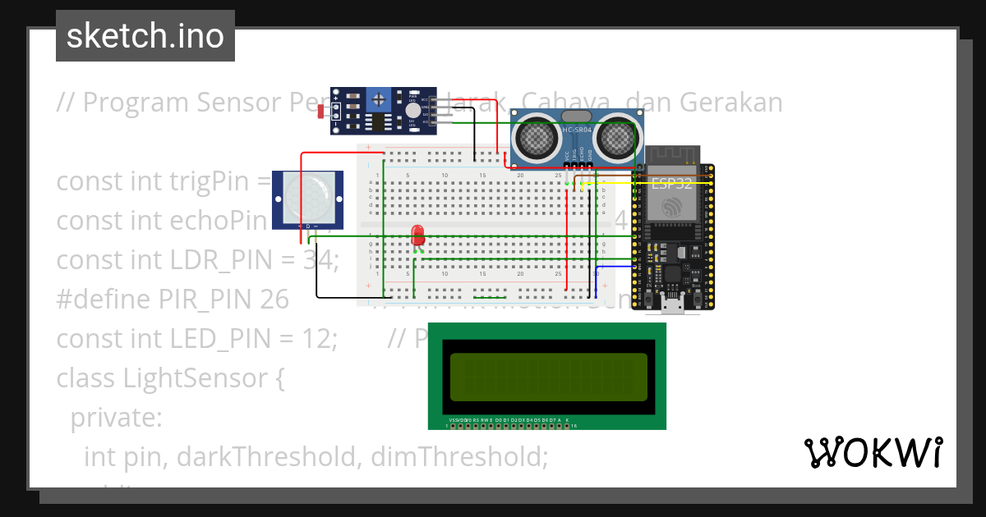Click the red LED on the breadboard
pos(417,234)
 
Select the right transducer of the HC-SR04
pos(615,137)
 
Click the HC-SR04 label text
pos(577,130)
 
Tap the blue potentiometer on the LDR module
pos(379,99)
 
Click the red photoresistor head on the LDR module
pos(320,112)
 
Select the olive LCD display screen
pos(548,377)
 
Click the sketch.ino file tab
pos(145,36)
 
